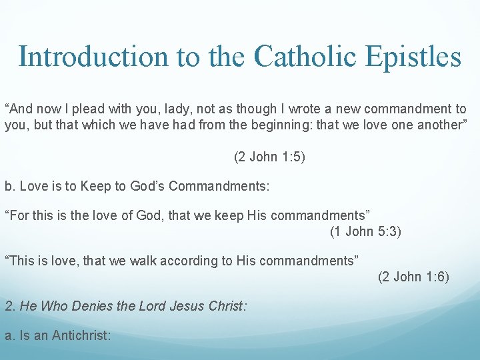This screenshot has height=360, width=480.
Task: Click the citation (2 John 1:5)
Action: click(x=269, y=157)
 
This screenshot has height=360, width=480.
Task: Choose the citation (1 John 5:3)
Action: click(x=365, y=231)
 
